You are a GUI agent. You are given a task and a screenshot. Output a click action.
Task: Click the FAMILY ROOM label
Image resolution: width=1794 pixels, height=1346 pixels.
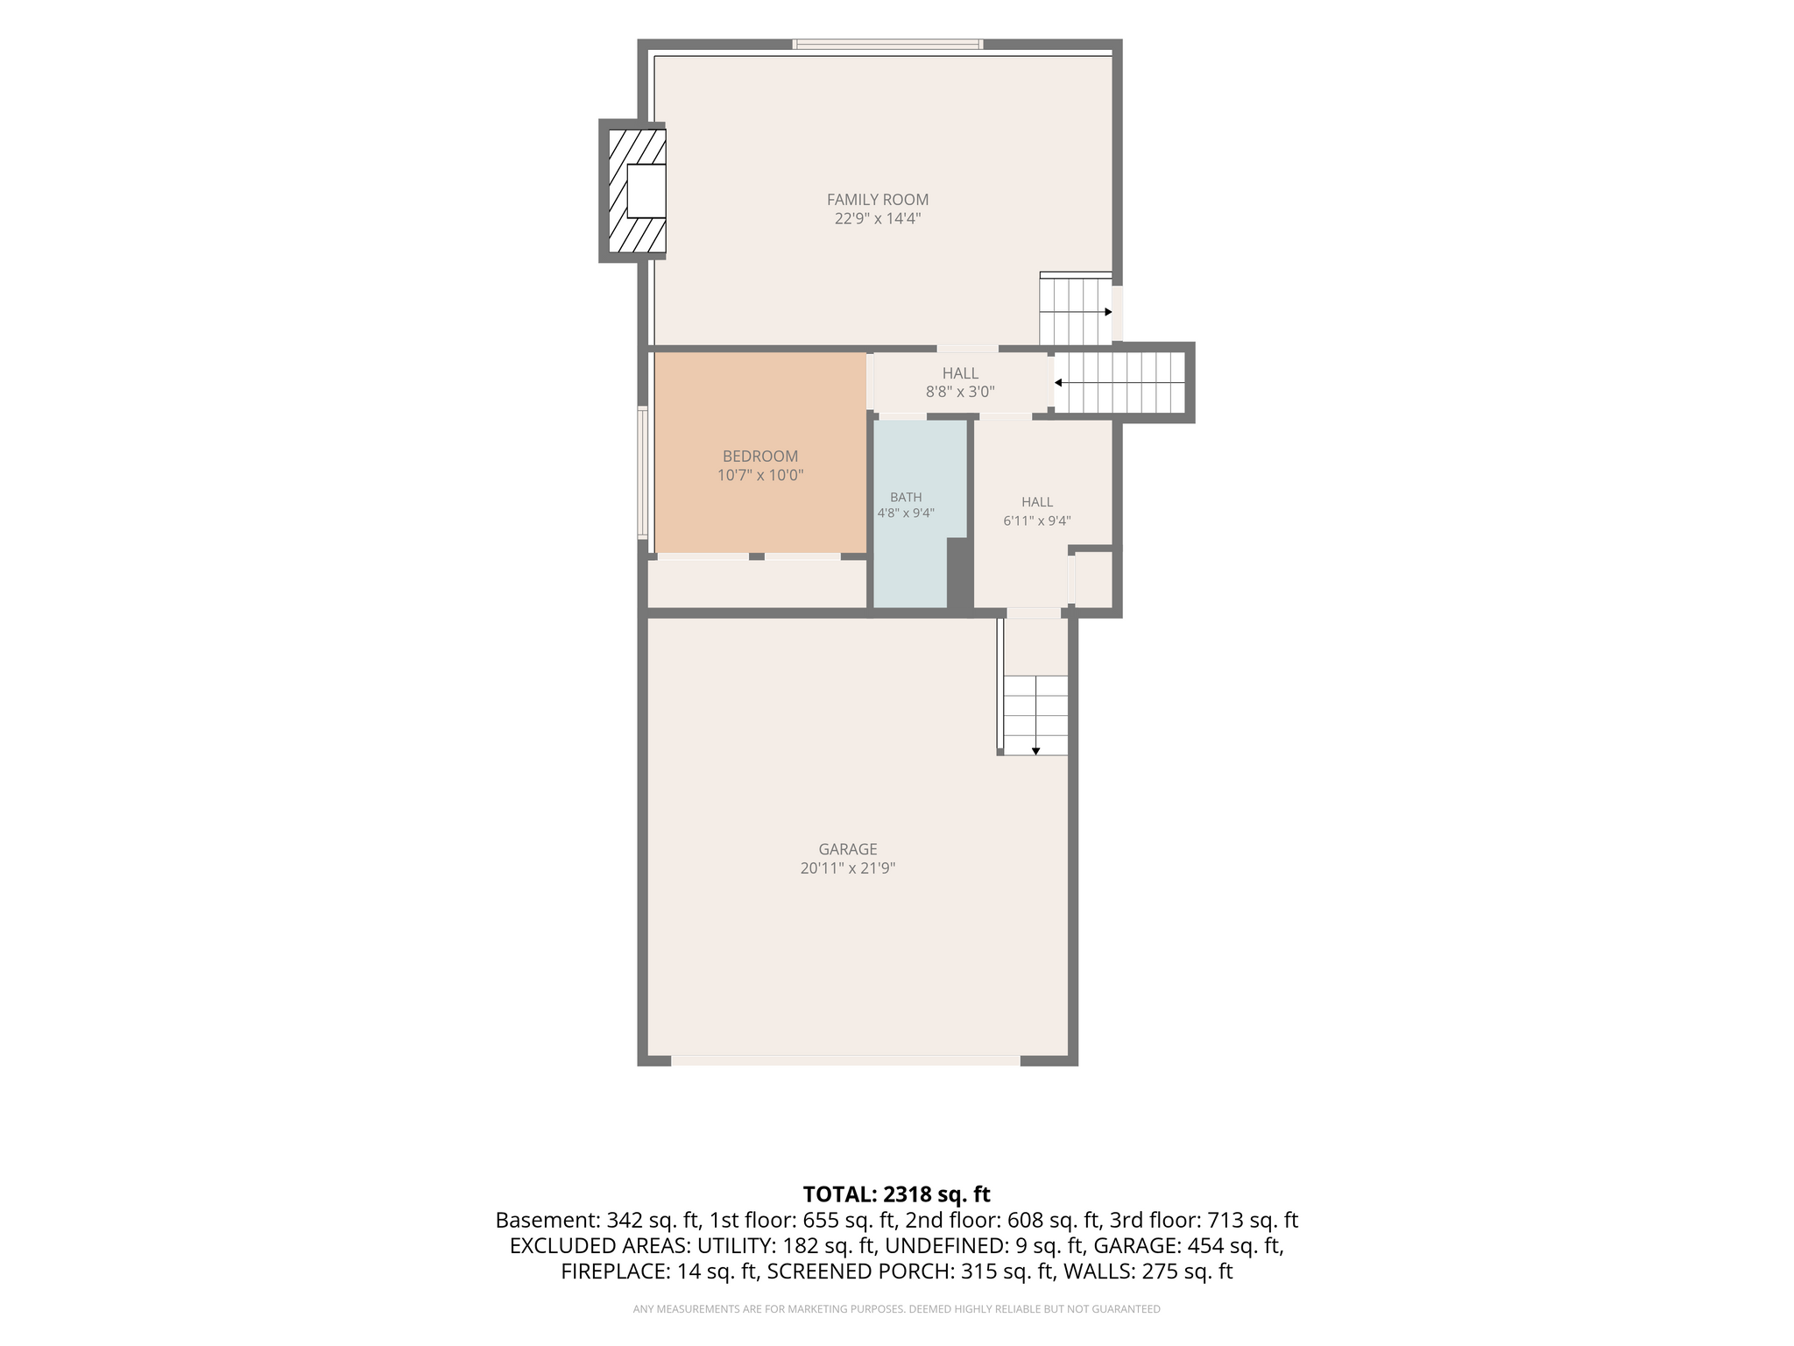pos(878,200)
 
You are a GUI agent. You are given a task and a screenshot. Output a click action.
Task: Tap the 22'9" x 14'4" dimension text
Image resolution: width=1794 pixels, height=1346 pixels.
pos(878,219)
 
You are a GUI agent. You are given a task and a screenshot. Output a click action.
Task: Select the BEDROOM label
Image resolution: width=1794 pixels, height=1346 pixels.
pos(760,457)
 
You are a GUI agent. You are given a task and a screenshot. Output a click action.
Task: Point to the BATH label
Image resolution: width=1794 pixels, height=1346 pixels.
pos(906,498)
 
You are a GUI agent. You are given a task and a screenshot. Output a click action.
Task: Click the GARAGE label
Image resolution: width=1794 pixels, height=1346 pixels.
pos(848,849)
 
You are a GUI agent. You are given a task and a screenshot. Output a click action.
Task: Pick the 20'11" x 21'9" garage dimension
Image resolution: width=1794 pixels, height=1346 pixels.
pos(848,868)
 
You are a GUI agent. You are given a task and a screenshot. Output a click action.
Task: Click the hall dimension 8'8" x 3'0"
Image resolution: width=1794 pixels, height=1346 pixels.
pos(961,393)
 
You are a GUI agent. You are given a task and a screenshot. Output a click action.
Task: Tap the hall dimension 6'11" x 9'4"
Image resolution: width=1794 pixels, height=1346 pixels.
pos(1037,521)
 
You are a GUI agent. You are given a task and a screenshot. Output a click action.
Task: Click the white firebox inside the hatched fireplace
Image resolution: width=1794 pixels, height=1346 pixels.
pos(646,191)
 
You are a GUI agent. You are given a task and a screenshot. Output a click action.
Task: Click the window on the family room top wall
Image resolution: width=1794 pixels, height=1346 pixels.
pos(887,44)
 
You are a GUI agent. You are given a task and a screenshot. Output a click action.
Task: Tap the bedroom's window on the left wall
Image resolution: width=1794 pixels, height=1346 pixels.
pos(642,473)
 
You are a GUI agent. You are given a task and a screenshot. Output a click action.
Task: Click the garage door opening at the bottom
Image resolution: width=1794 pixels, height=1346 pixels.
pos(845,1060)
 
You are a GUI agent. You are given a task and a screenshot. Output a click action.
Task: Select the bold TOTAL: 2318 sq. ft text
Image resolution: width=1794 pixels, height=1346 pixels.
pos(897,1194)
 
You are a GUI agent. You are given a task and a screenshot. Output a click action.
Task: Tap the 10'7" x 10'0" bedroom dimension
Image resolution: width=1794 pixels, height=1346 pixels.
pos(760,476)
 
